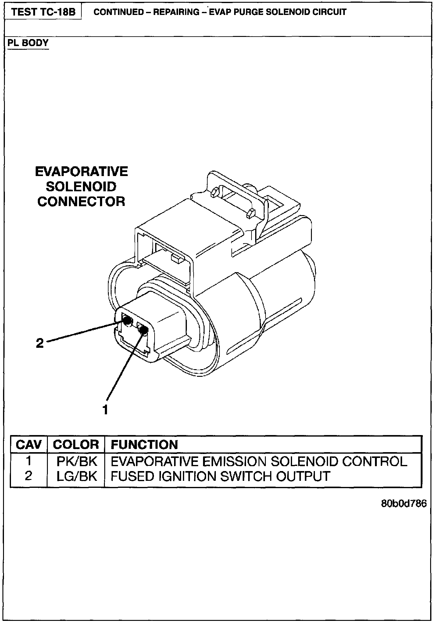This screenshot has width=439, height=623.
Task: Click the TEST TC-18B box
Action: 43,12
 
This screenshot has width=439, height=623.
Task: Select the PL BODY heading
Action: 28,43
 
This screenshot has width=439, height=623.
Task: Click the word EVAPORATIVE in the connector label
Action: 81,172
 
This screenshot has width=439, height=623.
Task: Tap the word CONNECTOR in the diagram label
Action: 81,201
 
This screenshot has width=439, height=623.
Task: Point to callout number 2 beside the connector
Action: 40,343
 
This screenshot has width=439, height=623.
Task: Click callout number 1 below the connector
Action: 105,410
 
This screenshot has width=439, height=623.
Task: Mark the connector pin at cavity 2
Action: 127,320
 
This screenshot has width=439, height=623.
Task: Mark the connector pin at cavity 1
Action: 143,330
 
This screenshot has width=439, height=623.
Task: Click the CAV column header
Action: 28,445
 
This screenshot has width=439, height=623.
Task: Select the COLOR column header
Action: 76,445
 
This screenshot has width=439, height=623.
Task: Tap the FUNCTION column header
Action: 144,445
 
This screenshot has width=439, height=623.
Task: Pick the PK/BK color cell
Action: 77,462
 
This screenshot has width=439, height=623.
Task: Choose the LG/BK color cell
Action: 77,476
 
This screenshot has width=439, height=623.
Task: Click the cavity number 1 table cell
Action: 28,461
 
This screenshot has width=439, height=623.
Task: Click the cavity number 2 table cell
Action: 28,476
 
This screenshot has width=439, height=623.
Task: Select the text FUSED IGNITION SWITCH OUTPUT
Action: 220,476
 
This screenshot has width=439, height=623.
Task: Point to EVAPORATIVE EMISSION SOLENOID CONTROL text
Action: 259,462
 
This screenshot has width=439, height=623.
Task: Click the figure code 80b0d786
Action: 404,503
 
